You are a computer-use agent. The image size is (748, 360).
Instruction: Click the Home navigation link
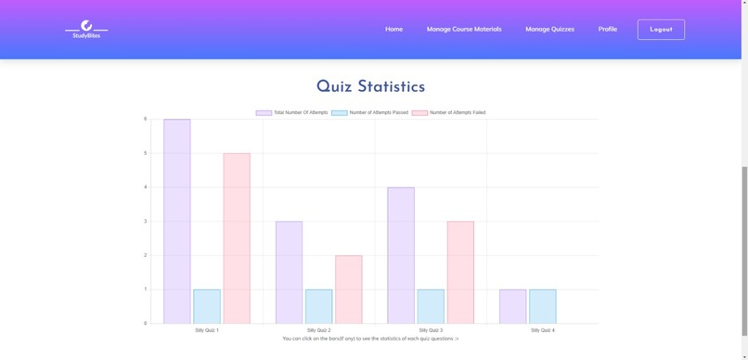[x=393, y=29]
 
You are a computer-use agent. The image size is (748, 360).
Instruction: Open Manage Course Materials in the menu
[x=464, y=29]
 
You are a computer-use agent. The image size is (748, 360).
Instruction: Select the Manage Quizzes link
[x=549, y=29]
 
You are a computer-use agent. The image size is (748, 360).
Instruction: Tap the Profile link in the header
[x=608, y=29]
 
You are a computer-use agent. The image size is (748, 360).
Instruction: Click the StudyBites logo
[x=86, y=30]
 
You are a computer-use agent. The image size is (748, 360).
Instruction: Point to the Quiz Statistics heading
[x=370, y=87]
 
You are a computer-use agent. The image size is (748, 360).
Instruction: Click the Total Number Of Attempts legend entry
[x=292, y=112]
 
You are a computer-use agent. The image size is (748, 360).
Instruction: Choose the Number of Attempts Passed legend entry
[x=370, y=112]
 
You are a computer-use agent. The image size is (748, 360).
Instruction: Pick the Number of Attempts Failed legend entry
[x=449, y=112]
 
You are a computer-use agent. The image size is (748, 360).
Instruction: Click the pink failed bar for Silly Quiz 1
[x=237, y=238]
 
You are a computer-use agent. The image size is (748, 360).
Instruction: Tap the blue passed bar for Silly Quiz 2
[x=318, y=306]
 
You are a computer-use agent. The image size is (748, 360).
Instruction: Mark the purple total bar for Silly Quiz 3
[x=401, y=255]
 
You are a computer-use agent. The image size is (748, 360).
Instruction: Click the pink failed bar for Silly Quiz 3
[x=460, y=272]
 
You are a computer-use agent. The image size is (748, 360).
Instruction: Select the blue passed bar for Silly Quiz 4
[x=542, y=306]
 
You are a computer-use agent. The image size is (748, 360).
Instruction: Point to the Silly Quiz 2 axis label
[x=318, y=330]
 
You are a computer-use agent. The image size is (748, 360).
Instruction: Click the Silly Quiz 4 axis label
[x=543, y=330]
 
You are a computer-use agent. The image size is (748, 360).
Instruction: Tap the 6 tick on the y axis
[x=146, y=119]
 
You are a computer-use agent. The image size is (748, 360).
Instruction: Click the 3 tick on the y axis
[x=146, y=221]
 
